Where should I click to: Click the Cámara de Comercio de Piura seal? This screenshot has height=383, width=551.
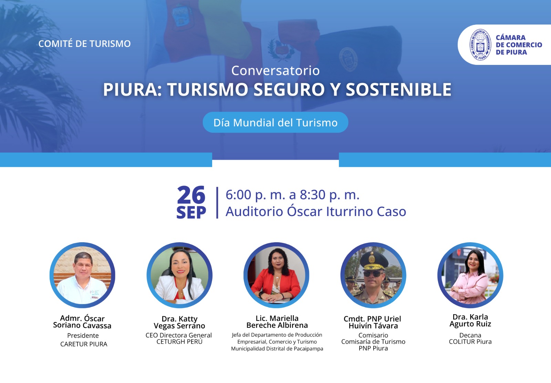point(480,45)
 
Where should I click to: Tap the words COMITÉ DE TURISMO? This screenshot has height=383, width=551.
point(84,43)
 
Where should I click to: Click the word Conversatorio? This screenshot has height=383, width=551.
point(275,70)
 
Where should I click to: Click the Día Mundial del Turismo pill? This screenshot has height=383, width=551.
point(275,122)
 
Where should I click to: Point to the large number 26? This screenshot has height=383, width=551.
point(191,195)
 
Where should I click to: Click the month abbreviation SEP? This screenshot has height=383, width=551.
point(191,212)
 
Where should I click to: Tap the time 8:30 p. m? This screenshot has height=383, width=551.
point(329,195)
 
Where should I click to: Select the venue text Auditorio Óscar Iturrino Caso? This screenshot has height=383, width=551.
point(316,211)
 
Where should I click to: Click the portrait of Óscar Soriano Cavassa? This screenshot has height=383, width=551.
point(82,275)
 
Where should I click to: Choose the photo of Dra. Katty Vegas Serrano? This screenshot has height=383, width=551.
point(179,275)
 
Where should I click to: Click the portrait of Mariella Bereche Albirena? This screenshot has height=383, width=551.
point(277,275)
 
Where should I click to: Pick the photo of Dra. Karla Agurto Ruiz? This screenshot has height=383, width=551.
point(470,275)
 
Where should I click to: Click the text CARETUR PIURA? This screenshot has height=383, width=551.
point(84,344)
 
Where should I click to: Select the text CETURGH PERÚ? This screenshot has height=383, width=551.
point(179,342)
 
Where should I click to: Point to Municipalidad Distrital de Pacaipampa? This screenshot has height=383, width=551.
point(277,349)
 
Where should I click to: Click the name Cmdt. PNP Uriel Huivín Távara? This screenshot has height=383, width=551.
point(373,322)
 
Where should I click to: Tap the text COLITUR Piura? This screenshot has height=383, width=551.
point(470,342)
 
